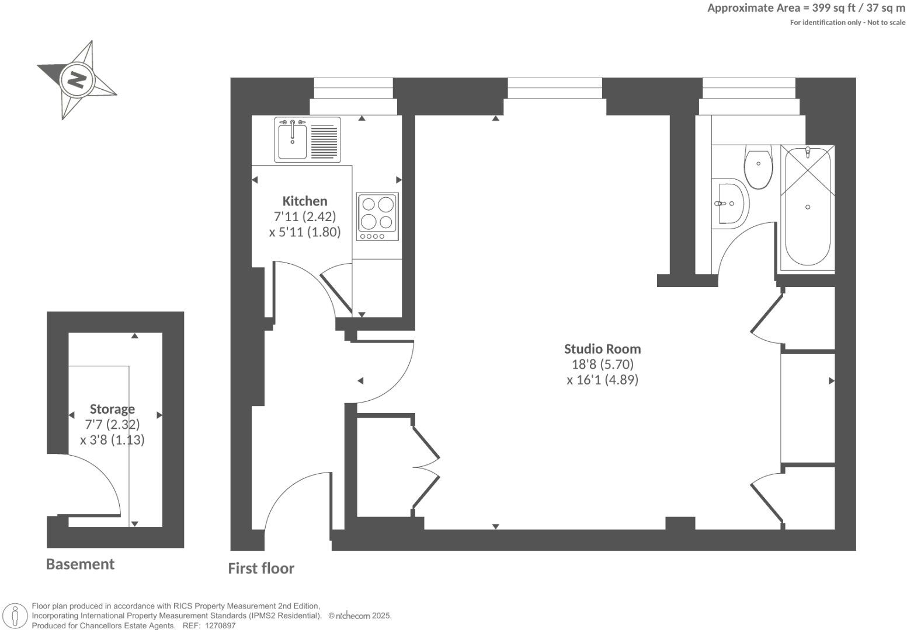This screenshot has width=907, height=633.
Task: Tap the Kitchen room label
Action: tap(304, 201)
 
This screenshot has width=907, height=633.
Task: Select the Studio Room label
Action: tap(602, 349)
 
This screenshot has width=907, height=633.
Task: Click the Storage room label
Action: tap(112, 409)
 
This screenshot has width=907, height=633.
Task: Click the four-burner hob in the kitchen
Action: tap(377, 216)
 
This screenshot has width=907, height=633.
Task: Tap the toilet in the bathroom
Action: tap(758, 167)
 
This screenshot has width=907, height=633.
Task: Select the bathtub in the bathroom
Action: tap(808, 207)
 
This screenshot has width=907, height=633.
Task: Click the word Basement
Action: tap(80, 564)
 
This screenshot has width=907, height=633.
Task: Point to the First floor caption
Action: tap(261, 568)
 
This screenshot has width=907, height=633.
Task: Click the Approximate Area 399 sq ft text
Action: tap(806, 8)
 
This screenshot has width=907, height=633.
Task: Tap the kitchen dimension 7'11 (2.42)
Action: tap(304, 216)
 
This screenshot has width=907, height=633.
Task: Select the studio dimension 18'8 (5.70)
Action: tap(602, 365)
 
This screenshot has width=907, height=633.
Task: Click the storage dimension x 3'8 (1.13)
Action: tap(112, 440)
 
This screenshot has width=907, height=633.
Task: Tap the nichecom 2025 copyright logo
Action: tap(360, 615)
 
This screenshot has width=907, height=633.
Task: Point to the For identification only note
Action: tap(847, 23)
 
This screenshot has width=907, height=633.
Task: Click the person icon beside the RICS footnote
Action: tap(16, 616)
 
